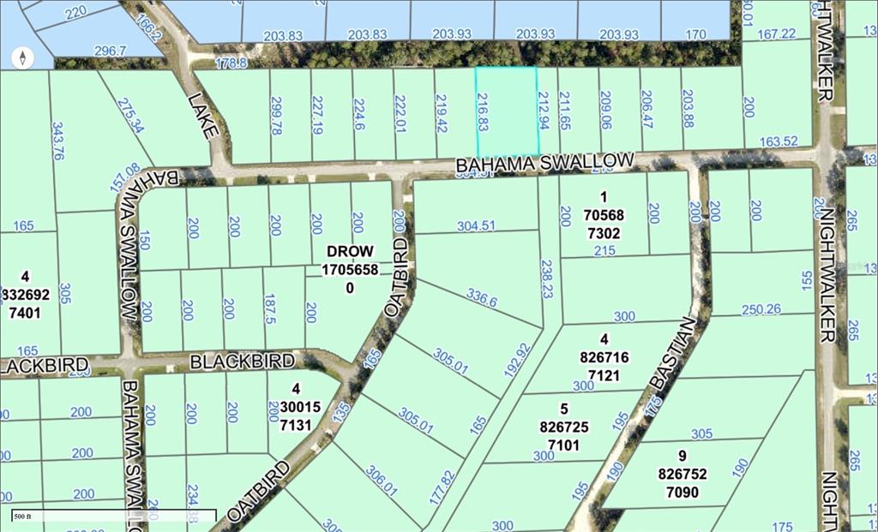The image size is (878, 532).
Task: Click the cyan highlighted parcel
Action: [x=506, y=111]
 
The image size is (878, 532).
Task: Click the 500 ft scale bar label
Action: [x=22, y=516]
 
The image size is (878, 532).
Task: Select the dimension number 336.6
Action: [x=481, y=297]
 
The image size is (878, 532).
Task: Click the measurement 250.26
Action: [x=761, y=309]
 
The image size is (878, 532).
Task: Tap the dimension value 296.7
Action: [x=109, y=51]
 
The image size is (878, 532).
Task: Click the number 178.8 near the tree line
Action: [x=231, y=63]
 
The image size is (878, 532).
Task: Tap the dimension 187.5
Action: [x=270, y=308]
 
